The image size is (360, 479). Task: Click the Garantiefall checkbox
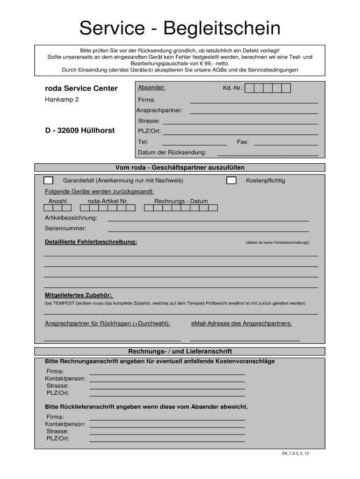pos(49,181)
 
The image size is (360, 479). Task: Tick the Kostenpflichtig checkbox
pos(231,181)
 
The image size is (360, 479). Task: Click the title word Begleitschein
pos(222,29)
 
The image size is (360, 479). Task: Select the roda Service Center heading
pos(81,88)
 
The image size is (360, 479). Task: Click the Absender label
pos(151,87)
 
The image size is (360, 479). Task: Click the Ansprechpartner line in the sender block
pos(254,112)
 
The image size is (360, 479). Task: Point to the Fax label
pos(243,142)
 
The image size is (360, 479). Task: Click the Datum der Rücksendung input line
pos(267,154)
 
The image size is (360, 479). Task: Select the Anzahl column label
pos(58,201)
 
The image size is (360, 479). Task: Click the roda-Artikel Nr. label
pos(108,201)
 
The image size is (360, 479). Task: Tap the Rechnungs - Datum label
pos(181,201)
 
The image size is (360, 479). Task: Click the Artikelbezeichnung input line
pos(208,219)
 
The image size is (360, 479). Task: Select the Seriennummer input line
pos(208,230)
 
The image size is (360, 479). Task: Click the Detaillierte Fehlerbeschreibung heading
pos(91,242)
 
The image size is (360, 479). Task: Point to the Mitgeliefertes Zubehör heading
pos(79,295)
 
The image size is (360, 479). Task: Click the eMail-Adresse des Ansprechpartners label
pos(242,323)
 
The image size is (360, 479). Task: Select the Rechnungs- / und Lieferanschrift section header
pos(180,351)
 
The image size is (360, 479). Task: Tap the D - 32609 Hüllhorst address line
pos(80,131)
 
